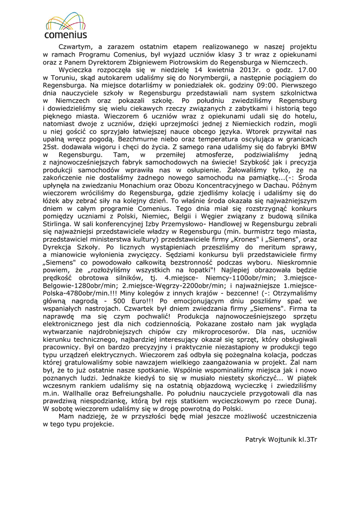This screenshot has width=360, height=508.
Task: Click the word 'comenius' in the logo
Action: [x=66, y=35]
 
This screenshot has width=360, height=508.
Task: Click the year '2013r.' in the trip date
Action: [x=241, y=70]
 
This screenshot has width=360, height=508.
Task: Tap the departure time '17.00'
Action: [x=305, y=70]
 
